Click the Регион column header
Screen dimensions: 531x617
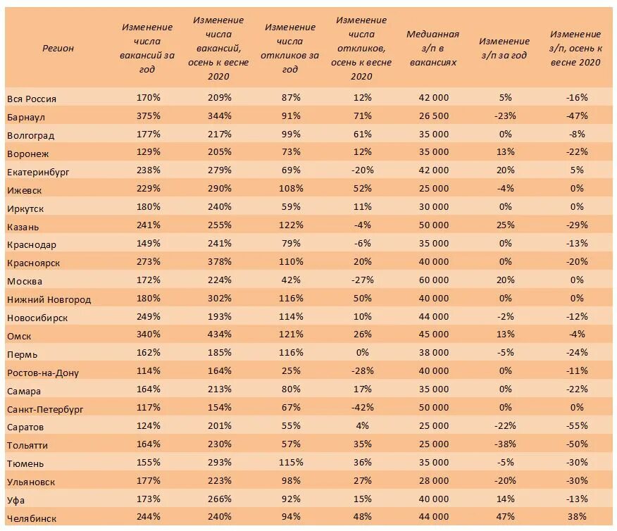[x=58, y=48]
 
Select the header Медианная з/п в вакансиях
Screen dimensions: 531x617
[x=432, y=48]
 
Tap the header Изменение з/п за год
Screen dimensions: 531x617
[x=504, y=48]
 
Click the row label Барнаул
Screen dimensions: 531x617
[x=26, y=116]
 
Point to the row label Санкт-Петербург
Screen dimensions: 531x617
[x=45, y=409]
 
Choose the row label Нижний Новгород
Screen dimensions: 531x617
[x=49, y=299]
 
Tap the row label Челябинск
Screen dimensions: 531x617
[x=32, y=518]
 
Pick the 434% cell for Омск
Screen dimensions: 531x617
[x=219, y=335]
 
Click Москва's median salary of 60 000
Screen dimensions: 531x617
[x=432, y=280]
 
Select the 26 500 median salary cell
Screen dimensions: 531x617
[x=432, y=115]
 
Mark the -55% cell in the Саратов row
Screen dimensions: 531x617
[x=575, y=426]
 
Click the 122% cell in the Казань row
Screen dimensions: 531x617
[x=290, y=225]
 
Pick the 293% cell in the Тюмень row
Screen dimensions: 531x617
[x=219, y=463]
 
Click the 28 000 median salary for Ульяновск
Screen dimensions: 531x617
[x=432, y=481]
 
